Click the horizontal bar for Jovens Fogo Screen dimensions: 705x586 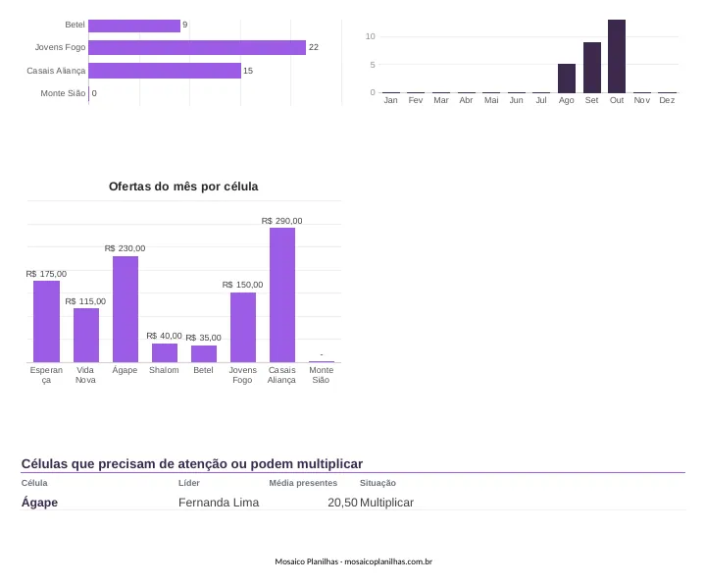point(197,47)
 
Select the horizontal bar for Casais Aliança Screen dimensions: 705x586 point(165,71)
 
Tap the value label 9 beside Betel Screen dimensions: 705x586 point(184,25)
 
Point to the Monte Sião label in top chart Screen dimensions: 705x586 point(63,93)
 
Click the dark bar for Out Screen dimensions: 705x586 point(617,56)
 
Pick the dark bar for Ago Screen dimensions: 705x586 point(567,79)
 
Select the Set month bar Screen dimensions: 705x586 point(591,68)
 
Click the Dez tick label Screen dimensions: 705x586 point(667,100)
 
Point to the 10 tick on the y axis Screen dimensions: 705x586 point(370,36)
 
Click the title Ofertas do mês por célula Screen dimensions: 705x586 point(183,186)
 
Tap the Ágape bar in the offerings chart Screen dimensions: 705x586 point(126,309)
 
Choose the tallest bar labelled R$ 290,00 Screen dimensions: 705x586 point(282,294)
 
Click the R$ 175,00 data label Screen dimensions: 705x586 point(46,274)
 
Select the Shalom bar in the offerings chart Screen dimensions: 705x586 point(165,352)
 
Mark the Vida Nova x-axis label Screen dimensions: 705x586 point(85,375)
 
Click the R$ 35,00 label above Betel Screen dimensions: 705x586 point(203,338)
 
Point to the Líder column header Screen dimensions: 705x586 point(189,483)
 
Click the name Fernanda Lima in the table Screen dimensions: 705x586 point(219,503)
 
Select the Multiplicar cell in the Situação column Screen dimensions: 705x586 point(386,503)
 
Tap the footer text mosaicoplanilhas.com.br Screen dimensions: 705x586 point(388,561)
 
